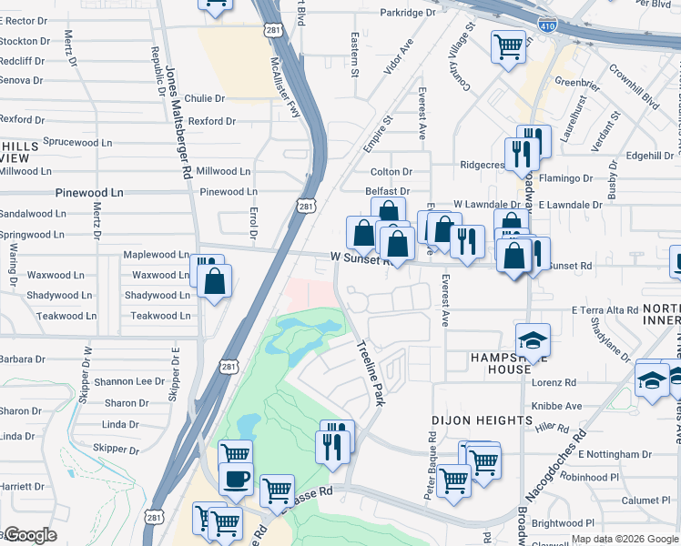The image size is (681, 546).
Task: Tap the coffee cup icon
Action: pyautogui.click(x=236, y=479)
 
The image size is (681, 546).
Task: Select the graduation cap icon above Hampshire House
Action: pyautogui.click(x=533, y=341)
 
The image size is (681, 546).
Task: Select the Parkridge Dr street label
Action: pyautogui.click(x=408, y=13)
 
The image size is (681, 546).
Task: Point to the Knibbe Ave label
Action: pyautogui.click(x=556, y=406)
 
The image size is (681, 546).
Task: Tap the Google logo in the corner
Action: pyautogui.click(x=29, y=535)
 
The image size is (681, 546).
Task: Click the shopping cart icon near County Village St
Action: pyautogui.click(x=509, y=45)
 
